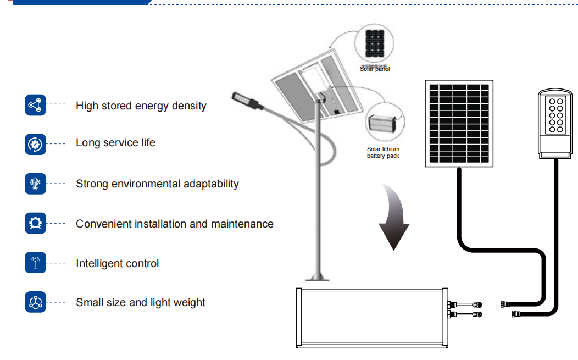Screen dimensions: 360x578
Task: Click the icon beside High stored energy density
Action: pos(36,105)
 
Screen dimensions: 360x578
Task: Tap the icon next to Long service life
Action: pos(36,144)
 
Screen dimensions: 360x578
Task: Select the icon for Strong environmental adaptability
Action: pos(36,184)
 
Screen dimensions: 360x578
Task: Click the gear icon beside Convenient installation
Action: pos(36,223)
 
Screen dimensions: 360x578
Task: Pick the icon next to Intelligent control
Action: pos(36,263)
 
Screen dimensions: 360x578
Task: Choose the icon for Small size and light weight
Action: pos(36,302)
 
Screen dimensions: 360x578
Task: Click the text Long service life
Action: pos(115,143)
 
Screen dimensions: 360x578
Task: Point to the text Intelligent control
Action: pos(117,263)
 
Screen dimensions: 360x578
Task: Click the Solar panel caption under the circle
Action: pos(375,69)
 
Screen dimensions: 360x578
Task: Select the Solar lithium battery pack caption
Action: pos(383,152)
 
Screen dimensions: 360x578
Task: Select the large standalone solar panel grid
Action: pos(458,123)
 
